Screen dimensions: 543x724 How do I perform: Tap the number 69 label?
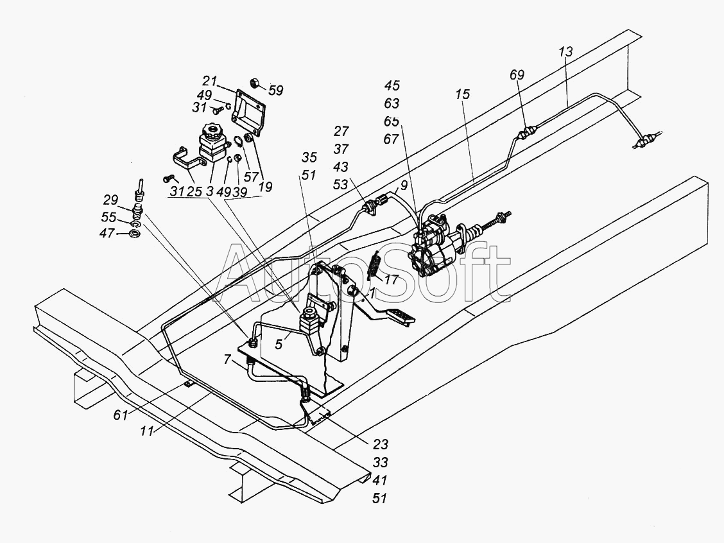point(517,75)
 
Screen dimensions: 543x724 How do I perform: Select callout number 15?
point(463,94)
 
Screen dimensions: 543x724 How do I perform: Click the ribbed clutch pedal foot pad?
point(399,315)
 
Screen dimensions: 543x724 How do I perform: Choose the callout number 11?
point(148,432)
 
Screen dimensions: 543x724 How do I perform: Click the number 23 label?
point(380,444)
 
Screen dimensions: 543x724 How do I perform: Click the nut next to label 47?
point(135,234)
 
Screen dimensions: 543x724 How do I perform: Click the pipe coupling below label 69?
point(527,134)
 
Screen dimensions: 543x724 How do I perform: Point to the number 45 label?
point(392,86)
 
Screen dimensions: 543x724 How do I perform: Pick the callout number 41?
point(380,479)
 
